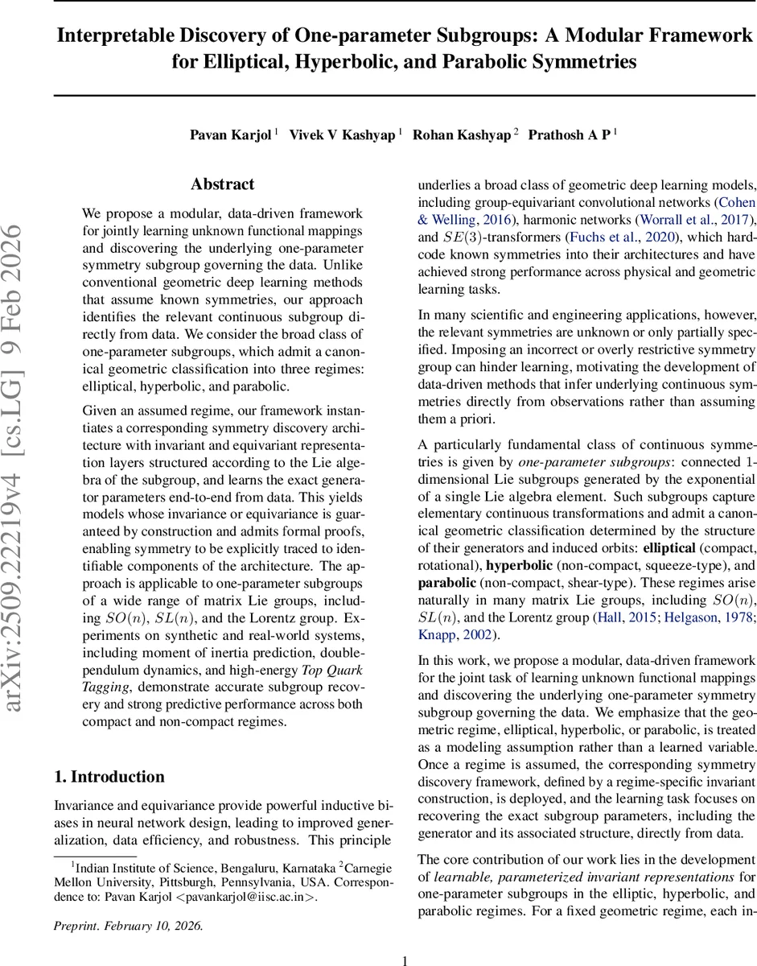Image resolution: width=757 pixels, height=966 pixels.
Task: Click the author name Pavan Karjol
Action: [x=232, y=134]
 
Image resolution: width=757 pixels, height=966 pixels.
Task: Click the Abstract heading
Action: [x=223, y=184]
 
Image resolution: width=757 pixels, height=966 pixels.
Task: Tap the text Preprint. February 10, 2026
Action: [x=129, y=926]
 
